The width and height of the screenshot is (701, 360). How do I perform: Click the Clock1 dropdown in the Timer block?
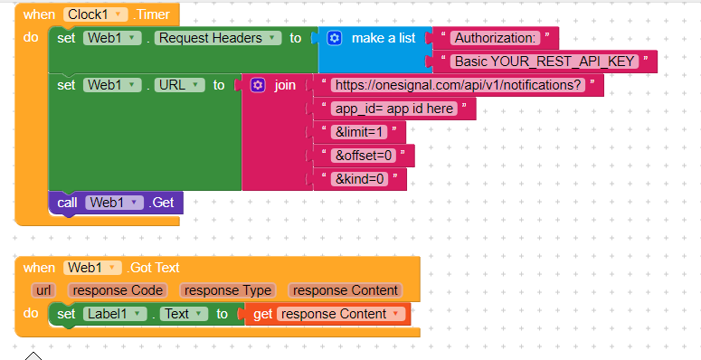tap(95, 14)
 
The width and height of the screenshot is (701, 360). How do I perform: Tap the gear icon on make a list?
tap(335, 38)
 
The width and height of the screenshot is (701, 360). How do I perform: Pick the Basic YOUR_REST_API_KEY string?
tap(545, 62)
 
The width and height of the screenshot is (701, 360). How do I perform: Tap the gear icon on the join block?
tap(258, 85)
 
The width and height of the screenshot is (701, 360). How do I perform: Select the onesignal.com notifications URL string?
tap(458, 85)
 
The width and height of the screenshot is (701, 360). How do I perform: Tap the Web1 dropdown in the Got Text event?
tap(93, 268)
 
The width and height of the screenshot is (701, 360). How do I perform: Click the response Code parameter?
tap(118, 290)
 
